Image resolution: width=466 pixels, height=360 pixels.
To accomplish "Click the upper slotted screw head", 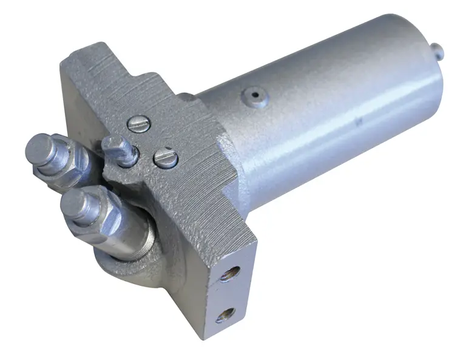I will coord(137,124).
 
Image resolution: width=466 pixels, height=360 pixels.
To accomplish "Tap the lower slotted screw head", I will coord(165,158).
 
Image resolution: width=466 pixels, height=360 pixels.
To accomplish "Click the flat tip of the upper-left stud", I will coord(40,146).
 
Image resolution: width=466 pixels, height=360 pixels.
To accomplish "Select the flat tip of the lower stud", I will coord(73,205).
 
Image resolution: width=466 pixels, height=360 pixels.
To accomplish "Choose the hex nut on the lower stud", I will coord(100,219).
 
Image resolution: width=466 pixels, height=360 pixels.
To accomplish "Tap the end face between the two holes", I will coord(229,294).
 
